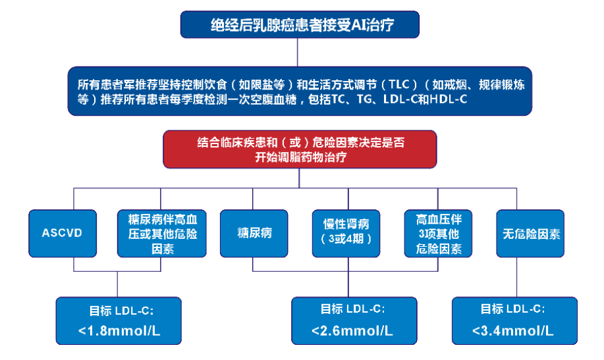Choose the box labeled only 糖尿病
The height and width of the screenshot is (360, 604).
click(x=254, y=233)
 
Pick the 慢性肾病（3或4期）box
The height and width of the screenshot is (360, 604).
click(x=347, y=233)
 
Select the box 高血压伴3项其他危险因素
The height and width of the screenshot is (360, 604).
click(x=439, y=233)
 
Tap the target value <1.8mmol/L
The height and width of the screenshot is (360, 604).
click(x=119, y=331)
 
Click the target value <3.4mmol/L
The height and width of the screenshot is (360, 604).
click(x=513, y=331)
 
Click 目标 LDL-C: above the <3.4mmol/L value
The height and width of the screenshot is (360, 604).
click(x=513, y=309)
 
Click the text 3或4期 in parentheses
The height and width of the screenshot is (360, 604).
click(x=347, y=240)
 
